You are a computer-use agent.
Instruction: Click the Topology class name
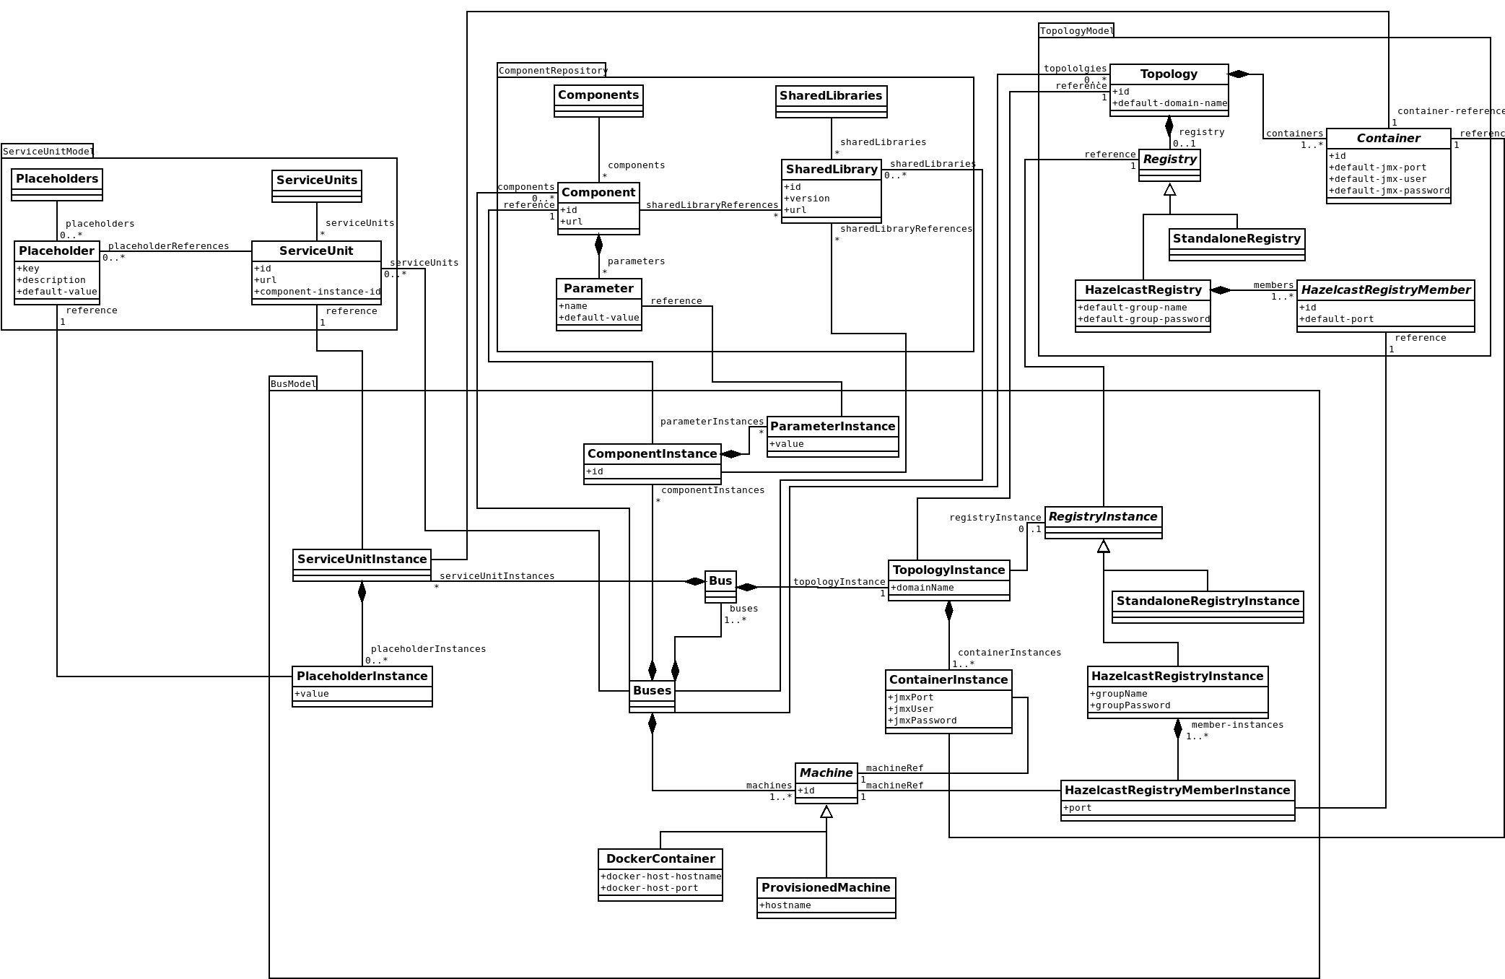click(1169, 74)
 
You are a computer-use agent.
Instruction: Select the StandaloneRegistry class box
click(1236, 244)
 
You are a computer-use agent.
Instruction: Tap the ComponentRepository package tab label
click(552, 71)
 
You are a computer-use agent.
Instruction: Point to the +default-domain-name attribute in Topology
click(1169, 103)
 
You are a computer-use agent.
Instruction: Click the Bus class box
click(720, 586)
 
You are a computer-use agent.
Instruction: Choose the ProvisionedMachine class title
click(826, 887)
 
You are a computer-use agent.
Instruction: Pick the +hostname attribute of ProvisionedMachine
click(785, 905)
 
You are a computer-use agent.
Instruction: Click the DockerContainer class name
click(660, 858)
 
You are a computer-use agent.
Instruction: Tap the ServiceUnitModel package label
click(48, 151)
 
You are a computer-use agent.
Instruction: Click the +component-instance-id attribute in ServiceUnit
click(317, 292)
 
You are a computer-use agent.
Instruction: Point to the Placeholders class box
click(57, 184)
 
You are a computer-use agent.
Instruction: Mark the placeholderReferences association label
click(168, 246)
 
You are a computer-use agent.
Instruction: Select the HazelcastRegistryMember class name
click(1385, 290)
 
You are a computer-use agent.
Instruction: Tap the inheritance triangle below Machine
click(826, 812)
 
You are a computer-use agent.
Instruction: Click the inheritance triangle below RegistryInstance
click(1104, 547)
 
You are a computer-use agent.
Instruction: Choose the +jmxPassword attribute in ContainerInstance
click(922, 721)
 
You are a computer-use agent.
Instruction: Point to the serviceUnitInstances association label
click(497, 576)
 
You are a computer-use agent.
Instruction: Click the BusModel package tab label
click(293, 384)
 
